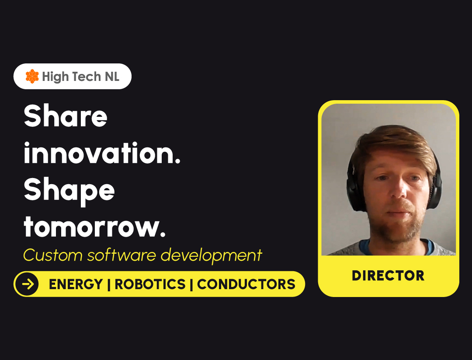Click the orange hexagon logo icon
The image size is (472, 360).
click(32, 76)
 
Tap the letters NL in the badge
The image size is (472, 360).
click(112, 77)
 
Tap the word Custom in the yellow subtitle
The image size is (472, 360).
click(53, 255)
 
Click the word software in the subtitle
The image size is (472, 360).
click(121, 255)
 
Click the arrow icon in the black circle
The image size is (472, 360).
click(28, 284)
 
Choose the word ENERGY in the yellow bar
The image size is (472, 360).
click(76, 284)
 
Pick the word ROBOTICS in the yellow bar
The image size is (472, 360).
click(150, 284)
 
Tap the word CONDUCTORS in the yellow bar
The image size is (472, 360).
click(246, 284)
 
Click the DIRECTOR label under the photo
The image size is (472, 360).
click(388, 276)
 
